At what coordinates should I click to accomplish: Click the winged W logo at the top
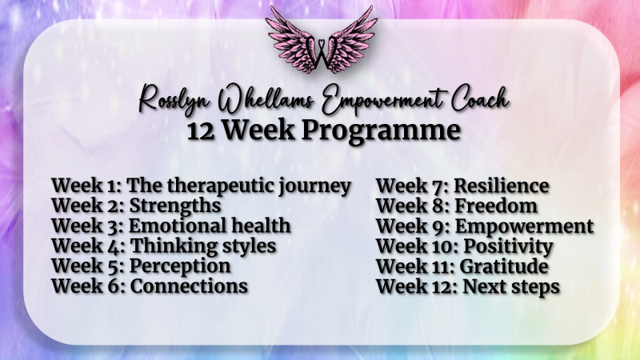pos(322,39)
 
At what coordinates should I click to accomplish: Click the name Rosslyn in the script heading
pos(174,99)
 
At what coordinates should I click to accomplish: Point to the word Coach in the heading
pos(479,98)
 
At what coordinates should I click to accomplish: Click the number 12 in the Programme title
pos(201,131)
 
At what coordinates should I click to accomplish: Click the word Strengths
pos(175,206)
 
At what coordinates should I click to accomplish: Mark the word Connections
pos(189,286)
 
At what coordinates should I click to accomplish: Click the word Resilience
pos(502,186)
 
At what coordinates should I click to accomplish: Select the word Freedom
pos(496,206)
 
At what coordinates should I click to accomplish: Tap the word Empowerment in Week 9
pos(524,227)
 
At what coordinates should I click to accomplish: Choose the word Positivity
pos(508,247)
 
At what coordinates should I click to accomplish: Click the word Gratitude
pos(504,266)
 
